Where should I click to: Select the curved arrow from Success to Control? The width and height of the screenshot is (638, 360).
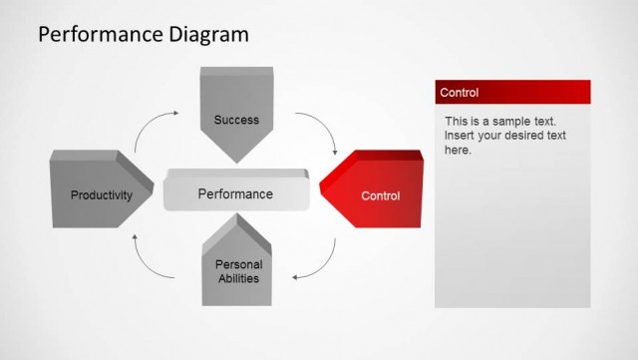point(322,129)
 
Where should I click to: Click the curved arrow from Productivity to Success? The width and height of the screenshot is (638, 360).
point(154,128)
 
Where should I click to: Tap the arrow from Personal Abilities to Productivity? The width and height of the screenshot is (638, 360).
point(153,261)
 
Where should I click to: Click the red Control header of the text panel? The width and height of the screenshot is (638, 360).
point(512,93)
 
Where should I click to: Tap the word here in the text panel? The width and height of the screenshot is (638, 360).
point(457,150)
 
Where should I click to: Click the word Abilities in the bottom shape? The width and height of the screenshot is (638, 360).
point(238,278)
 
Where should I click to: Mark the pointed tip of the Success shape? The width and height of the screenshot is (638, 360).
point(236,161)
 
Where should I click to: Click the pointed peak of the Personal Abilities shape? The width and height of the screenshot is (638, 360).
point(238,220)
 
